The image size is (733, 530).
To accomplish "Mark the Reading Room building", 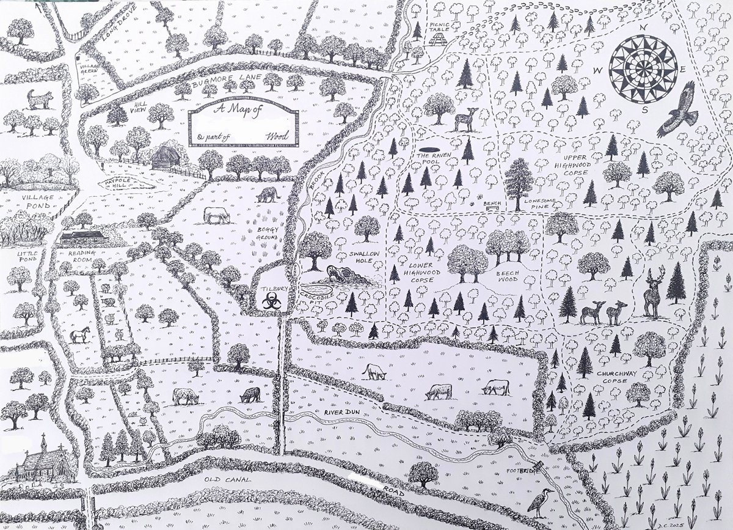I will (84, 238).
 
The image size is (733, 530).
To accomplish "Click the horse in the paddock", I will (79, 334).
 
